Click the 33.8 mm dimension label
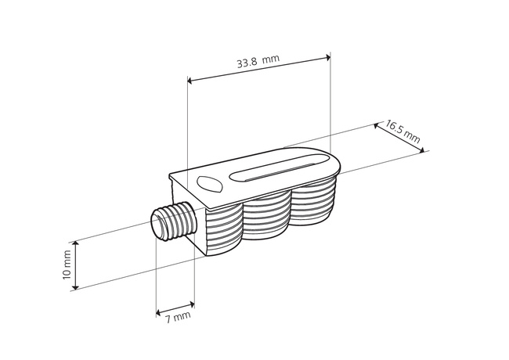tap(258, 61)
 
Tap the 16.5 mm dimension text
tap(403, 131)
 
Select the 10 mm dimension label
tap(67, 265)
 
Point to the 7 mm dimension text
tap(178, 318)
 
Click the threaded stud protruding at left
tap(175, 221)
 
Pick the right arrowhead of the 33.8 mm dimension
tap(328, 58)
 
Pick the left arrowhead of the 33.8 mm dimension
tap(190, 81)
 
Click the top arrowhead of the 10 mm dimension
tap(75, 244)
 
